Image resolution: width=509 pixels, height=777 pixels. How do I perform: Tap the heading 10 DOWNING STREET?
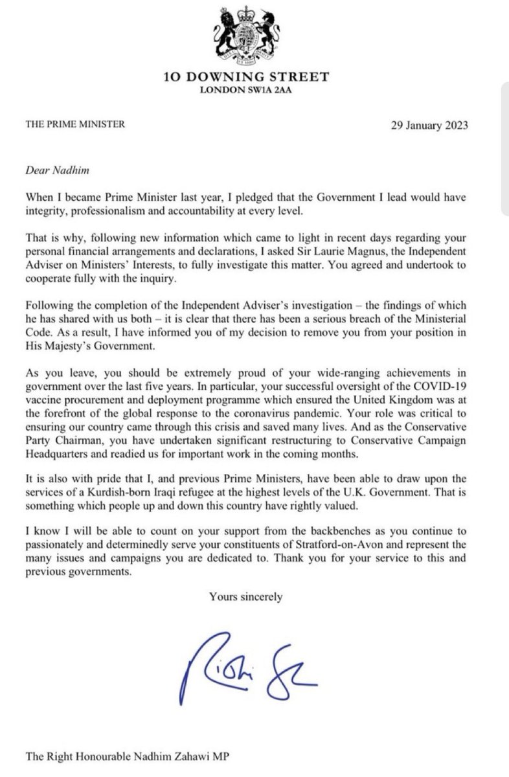click(x=254, y=78)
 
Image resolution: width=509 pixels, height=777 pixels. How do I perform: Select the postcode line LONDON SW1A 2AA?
click(x=254, y=91)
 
